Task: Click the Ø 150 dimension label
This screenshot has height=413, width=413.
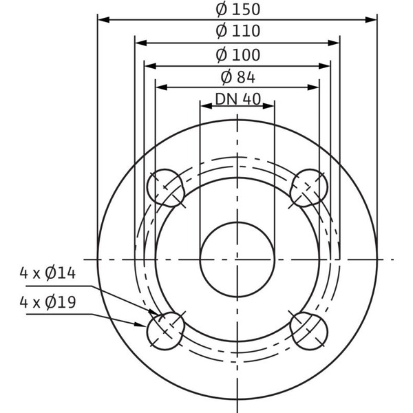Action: point(237,10)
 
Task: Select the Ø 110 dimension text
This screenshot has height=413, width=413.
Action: point(237,31)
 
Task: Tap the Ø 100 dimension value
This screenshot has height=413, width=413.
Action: point(237,54)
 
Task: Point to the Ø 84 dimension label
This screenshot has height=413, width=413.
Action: point(237,76)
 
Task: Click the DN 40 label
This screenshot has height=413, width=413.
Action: point(237,98)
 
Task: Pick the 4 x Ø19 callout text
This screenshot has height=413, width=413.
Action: point(47,301)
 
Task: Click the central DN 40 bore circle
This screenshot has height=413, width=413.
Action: point(237,258)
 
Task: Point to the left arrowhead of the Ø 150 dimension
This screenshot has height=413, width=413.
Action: point(103,20)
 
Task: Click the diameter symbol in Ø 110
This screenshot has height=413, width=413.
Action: point(222,31)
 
